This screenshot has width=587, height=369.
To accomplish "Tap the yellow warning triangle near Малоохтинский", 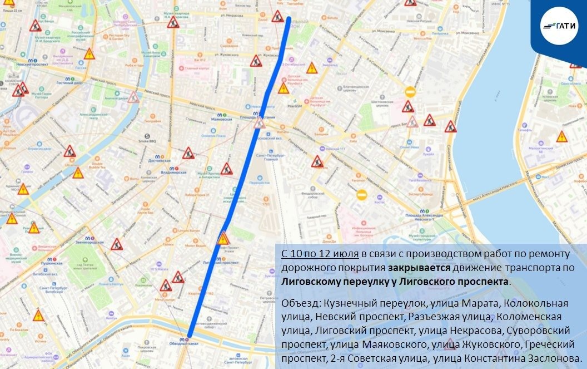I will (562, 136).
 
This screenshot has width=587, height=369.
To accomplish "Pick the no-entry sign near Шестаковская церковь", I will (410, 92).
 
